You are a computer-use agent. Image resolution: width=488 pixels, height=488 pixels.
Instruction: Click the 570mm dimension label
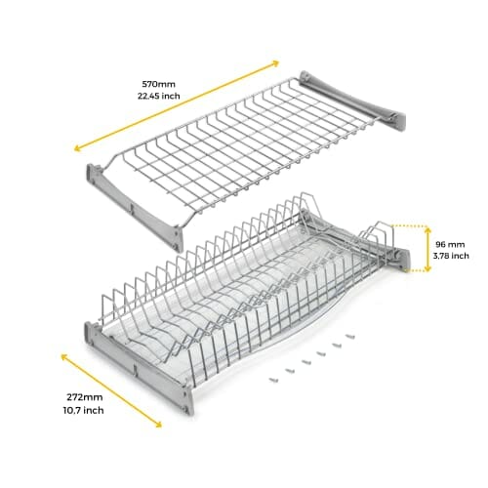click(x=158, y=84)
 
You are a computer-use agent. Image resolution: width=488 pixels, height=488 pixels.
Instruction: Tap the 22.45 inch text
click(x=158, y=96)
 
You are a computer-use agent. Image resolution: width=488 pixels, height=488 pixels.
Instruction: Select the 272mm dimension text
click(x=85, y=397)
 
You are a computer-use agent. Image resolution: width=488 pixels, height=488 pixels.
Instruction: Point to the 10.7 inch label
click(x=84, y=410)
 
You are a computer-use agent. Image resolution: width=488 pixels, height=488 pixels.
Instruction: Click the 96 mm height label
click(x=450, y=244)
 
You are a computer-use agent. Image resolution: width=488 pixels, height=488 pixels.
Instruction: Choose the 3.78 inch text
click(x=451, y=256)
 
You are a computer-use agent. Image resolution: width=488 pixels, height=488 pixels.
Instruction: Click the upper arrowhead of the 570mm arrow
click(x=275, y=62)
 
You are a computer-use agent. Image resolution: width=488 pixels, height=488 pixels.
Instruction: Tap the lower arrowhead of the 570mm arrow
click(x=77, y=148)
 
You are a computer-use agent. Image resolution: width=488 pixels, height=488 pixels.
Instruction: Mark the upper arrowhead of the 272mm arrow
click(x=64, y=357)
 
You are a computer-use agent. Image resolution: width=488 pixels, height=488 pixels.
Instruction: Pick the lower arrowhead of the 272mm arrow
click(x=158, y=424)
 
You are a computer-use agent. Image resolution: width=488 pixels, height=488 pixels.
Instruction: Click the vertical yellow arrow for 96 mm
click(x=427, y=250)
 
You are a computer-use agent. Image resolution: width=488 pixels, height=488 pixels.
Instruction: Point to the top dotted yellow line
click(x=409, y=225)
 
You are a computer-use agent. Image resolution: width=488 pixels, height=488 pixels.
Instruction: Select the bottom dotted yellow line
click(x=415, y=270)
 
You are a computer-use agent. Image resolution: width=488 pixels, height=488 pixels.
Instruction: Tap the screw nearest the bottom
click(x=273, y=380)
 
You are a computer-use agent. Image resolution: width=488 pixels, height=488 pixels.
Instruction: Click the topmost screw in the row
click(x=349, y=336)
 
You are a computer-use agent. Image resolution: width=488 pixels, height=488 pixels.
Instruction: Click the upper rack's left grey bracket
click(x=135, y=208)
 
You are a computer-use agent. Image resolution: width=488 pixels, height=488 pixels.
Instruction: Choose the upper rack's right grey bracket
click(x=352, y=101)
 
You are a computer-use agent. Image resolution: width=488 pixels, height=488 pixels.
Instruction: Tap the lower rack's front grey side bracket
click(x=140, y=368)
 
